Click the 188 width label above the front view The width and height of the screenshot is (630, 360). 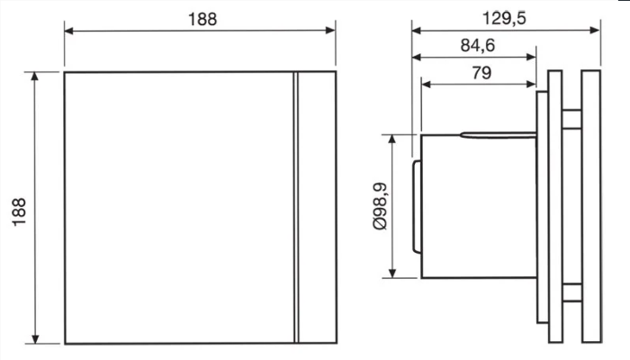click(202, 19)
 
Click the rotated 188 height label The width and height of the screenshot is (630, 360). click(19, 212)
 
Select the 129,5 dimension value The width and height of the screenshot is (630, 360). click(504, 19)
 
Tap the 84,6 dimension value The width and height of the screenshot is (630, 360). click(477, 45)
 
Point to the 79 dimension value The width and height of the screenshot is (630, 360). click(481, 73)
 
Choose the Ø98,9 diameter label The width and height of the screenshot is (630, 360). click(380, 206)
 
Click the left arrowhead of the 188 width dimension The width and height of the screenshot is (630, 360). click(69, 31)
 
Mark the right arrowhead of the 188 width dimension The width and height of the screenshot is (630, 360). click(330, 30)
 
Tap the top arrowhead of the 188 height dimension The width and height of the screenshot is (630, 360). click(35, 76)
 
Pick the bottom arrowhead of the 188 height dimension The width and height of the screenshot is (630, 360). click(35, 338)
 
